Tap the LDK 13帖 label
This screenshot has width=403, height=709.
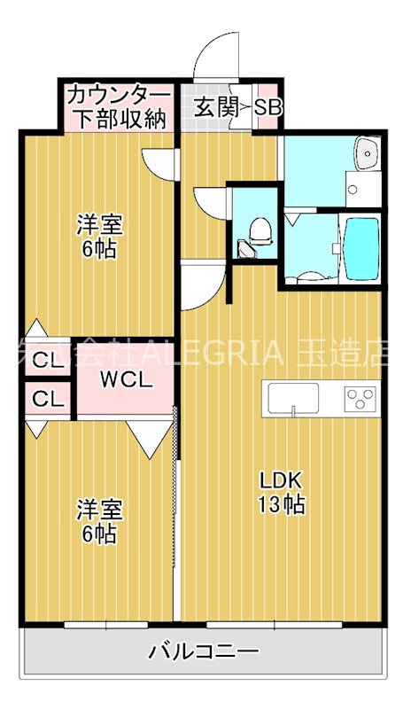[282, 493]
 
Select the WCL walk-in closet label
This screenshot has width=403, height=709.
[126, 382]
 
